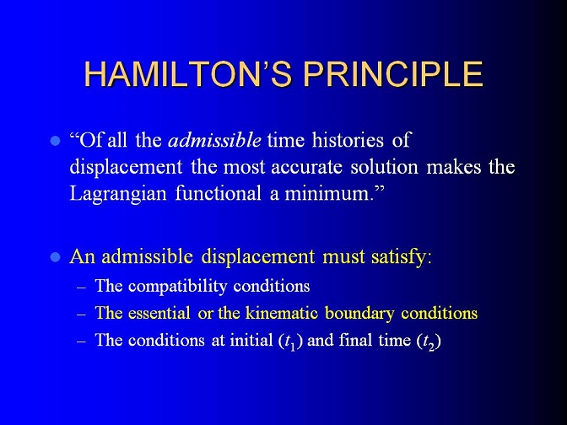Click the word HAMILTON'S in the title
pos(188,73)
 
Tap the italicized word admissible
pos(214,140)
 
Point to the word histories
pos(348,140)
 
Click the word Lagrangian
pos(118,195)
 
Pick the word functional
pos(218,193)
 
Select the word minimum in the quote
pos(328,194)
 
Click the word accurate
pos(306,167)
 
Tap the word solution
pos(384,167)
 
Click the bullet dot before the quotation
pos(55,141)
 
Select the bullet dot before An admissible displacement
pos(55,257)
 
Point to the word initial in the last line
pos(251,340)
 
